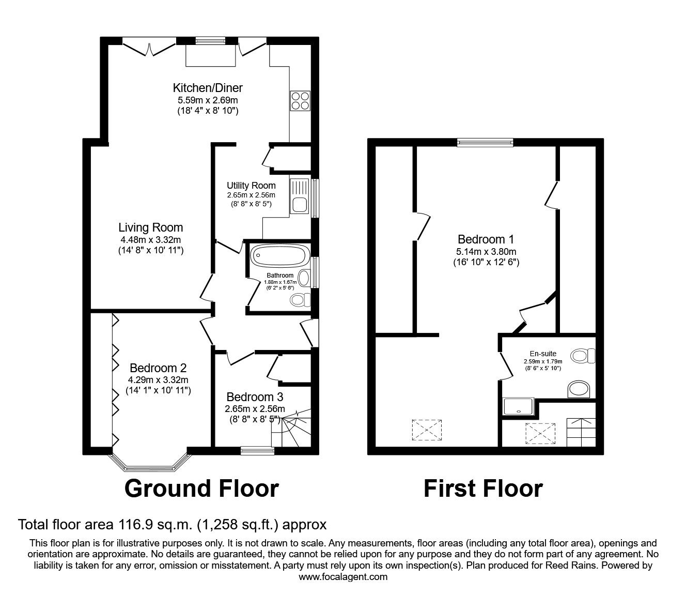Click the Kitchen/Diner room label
tap(208, 87)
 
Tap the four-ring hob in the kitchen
tap(300, 100)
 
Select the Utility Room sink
tap(299, 196)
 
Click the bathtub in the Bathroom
tap(280, 255)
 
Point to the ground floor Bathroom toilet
tap(300, 299)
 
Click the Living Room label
tap(150, 227)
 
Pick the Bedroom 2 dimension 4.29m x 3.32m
tap(158, 380)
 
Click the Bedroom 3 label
tap(255, 397)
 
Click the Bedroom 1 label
tap(486, 239)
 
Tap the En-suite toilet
tap(583, 356)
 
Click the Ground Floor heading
tap(201, 489)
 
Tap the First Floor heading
tap(483, 489)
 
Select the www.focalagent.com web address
tap(343, 576)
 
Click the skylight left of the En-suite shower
tap(427, 430)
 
